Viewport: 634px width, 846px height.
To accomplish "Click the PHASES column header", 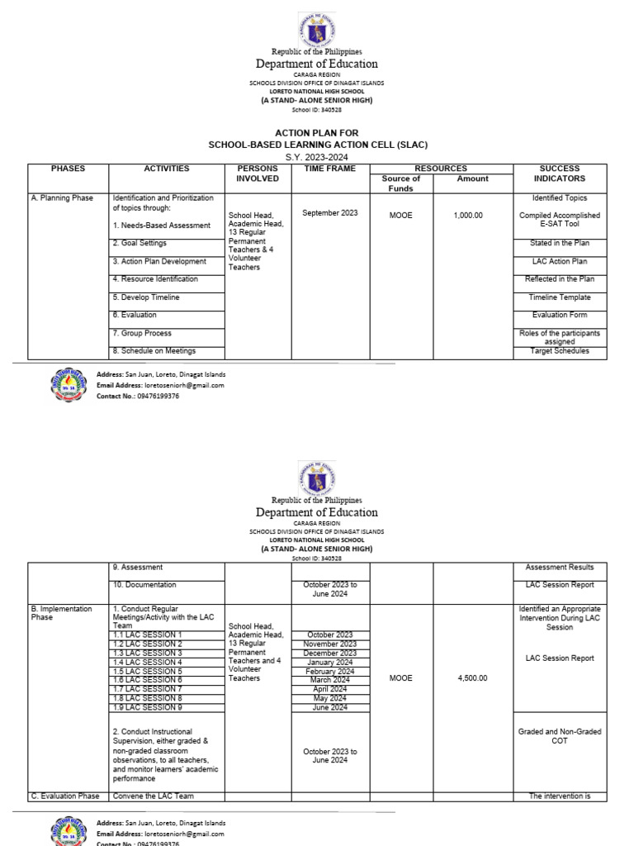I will click(x=68, y=169).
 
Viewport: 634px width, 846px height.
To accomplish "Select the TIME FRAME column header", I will click(x=329, y=169).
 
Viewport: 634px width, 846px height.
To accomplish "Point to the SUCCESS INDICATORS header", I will click(x=559, y=173).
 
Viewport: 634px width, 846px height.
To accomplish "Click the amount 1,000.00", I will click(x=468, y=216).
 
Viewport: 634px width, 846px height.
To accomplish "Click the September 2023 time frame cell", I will click(x=330, y=213).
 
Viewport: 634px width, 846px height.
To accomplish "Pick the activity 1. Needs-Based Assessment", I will click(x=161, y=225).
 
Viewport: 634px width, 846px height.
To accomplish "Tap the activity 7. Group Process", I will click(x=142, y=334).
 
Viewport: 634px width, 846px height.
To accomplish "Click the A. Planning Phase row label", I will click(x=63, y=198).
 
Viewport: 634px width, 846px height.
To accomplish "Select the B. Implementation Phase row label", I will click(x=62, y=612).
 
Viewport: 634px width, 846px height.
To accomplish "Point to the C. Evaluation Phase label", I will click(x=65, y=796).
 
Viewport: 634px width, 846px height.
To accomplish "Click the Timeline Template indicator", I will click(x=561, y=297).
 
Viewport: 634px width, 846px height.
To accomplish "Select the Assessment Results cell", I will click(x=559, y=568).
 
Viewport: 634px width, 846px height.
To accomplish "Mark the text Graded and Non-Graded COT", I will click(x=560, y=736).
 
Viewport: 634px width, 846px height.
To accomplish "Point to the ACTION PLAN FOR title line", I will click(x=317, y=131).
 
